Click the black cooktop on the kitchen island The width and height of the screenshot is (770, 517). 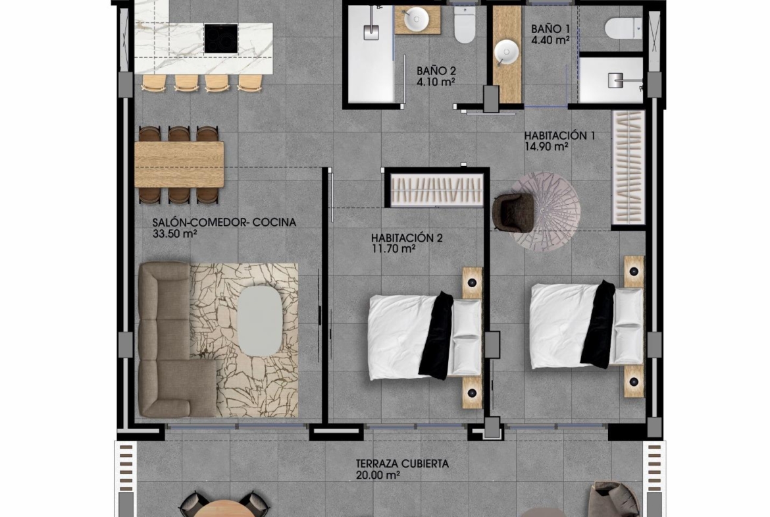click(x=221, y=38)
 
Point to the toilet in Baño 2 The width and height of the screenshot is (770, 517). click(x=464, y=24)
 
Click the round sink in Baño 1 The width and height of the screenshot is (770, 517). click(x=506, y=53)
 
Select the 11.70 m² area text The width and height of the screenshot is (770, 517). click(x=394, y=249)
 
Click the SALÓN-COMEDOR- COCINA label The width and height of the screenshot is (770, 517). click(x=224, y=222)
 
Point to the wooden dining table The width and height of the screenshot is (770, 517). click(x=179, y=164)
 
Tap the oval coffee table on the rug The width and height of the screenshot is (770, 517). click(x=260, y=321)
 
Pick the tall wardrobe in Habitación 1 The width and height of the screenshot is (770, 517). click(x=629, y=167)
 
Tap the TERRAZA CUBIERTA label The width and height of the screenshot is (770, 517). click(x=402, y=464)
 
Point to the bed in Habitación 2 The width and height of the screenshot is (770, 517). click(x=425, y=337)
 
